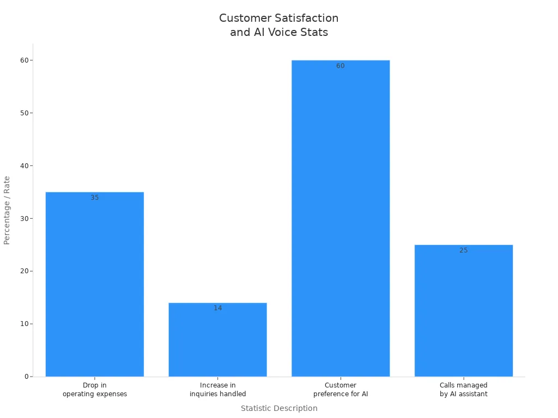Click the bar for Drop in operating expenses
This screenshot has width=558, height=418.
[95, 284]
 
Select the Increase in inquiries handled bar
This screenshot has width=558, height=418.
[218, 340]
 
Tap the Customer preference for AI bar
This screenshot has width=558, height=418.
[341, 218]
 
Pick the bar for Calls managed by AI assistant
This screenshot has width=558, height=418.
[464, 311]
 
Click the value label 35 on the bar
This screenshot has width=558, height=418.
[95, 198]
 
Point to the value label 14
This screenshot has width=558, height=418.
[218, 308]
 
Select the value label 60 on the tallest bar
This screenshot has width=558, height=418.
[341, 66]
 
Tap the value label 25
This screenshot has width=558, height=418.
[464, 250]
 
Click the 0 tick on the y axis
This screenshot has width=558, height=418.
[26, 377]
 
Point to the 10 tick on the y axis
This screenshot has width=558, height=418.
[25, 324]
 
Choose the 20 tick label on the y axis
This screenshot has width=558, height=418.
[25, 271]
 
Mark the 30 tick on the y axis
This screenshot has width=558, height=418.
[25, 218]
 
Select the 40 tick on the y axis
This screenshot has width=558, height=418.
[25, 165]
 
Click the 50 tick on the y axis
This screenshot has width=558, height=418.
[25, 113]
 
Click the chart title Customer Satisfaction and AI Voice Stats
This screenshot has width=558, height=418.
[279, 25]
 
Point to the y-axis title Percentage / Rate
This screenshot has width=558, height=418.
[7, 210]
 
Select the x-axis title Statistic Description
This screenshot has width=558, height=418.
[279, 408]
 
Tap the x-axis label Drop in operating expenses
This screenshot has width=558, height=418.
[95, 390]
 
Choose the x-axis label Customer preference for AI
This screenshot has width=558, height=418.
[341, 390]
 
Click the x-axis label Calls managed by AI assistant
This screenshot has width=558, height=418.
[464, 390]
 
